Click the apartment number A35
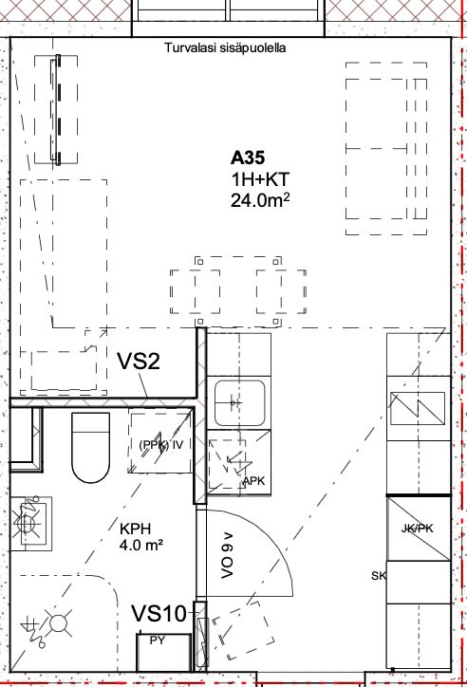[x=248, y=158]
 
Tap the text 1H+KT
[x=260, y=179]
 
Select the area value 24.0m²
[x=260, y=200]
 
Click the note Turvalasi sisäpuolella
[x=225, y=47]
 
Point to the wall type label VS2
[x=139, y=362]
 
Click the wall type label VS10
[x=159, y=613]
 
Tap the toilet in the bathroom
[x=90, y=447]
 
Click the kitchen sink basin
[x=239, y=403]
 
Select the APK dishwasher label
[x=254, y=481]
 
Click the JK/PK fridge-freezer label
[x=417, y=529]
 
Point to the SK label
[x=379, y=576]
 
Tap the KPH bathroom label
[x=136, y=529]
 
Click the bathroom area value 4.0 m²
[x=141, y=546]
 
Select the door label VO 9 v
[x=228, y=555]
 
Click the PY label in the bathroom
[x=158, y=641]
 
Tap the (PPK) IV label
[x=160, y=445]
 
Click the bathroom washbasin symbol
[x=29, y=523]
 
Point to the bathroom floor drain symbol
[x=57, y=623]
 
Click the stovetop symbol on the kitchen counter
[x=418, y=408]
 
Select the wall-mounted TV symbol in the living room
[x=57, y=109]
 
